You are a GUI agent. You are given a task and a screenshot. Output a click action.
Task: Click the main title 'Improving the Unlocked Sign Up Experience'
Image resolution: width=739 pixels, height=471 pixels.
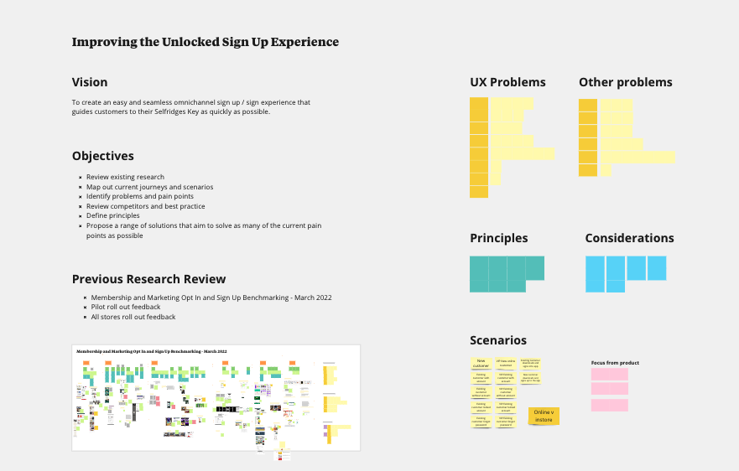[206, 42]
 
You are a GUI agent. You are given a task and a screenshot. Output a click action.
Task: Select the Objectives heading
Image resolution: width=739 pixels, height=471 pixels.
[102, 156]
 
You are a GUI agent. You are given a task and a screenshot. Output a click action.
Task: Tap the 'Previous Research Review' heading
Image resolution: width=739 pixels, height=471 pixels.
[148, 279]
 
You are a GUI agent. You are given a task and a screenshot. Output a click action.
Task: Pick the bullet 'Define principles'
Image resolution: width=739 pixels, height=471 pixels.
[124, 215]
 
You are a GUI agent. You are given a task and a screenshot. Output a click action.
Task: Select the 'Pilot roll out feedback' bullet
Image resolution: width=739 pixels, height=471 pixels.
[126, 307]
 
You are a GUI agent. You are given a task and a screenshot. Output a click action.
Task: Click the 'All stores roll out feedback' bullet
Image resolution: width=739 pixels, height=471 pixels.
[133, 317]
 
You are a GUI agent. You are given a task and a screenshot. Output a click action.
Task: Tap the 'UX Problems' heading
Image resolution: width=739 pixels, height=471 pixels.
[507, 82]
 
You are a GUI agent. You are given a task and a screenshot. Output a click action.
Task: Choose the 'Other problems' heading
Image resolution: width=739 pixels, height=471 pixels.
[625, 82]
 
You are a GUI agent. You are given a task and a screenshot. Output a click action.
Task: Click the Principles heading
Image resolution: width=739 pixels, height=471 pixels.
[498, 238]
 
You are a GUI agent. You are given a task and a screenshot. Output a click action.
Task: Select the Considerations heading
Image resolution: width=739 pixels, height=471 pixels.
[629, 238]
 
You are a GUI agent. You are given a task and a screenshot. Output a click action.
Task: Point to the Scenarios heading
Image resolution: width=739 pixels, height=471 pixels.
[498, 340]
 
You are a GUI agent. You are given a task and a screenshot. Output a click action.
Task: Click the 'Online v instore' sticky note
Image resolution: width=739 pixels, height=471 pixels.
[544, 416]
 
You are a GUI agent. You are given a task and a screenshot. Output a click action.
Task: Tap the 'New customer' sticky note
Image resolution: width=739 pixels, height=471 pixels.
[481, 363]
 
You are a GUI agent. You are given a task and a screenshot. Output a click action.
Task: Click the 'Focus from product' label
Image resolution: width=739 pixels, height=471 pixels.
[615, 363]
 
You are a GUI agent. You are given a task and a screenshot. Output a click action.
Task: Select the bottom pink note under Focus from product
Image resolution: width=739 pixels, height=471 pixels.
[609, 405]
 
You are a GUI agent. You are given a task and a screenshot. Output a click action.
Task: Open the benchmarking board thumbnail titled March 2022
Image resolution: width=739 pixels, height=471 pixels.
[216, 397]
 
